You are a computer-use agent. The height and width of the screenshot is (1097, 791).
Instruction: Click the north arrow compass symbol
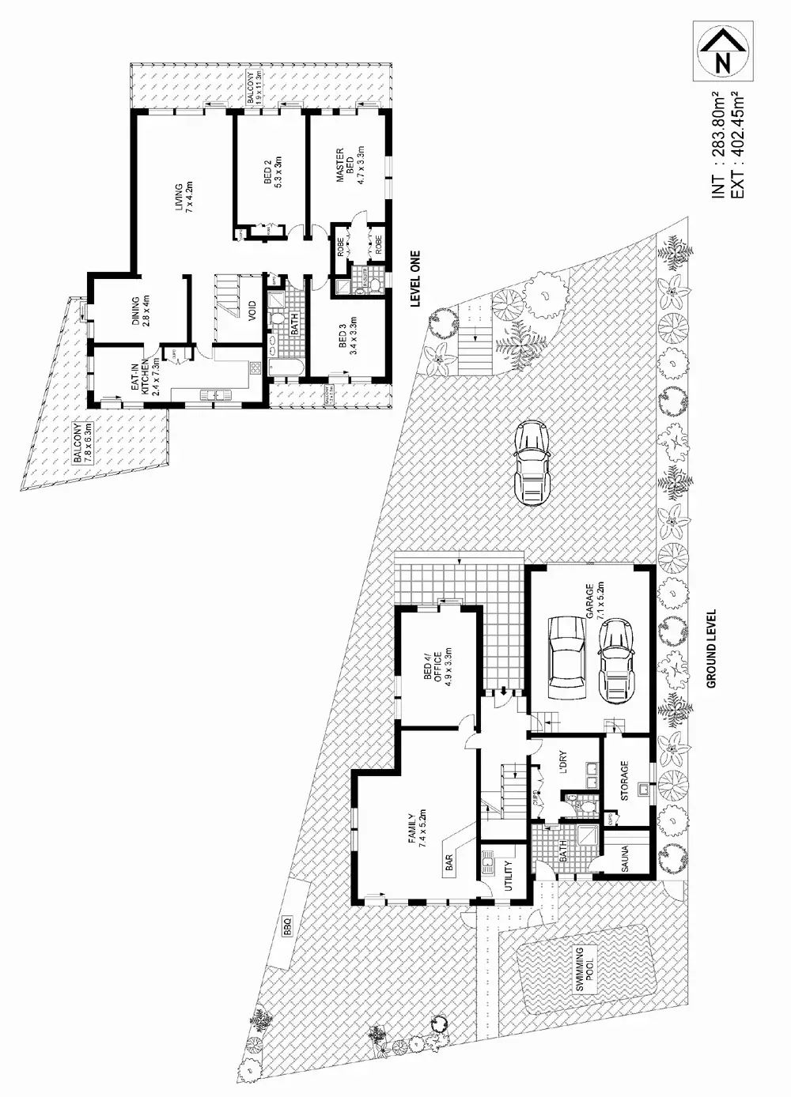(x=721, y=51)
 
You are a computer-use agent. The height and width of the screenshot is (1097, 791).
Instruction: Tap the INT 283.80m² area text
(x=719, y=145)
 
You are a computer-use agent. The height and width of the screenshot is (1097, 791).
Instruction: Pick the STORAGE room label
(x=625, y=781)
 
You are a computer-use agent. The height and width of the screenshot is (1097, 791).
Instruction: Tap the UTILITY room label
(x=509, y=876)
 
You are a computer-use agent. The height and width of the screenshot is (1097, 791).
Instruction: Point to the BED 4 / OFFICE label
(x=437, y=667)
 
